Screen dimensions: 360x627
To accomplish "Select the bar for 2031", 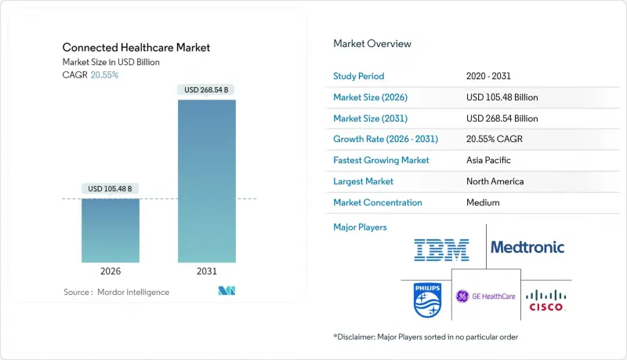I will coord(206,180).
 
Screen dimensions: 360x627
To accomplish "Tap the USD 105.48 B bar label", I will coord(111,188).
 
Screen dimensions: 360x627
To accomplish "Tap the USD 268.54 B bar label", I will coord(206,90).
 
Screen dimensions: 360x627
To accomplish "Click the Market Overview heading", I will coord(371,44).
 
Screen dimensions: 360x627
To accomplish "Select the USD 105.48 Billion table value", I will coord(502,97).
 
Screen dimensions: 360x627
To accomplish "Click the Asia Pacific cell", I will coord(489,160).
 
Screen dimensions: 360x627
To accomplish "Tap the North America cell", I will coord(495,181).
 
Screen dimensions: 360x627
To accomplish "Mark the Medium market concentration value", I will coord(483,202).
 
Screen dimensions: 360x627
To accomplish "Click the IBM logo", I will coord(441,250).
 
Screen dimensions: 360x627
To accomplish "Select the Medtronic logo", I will coord(527,248).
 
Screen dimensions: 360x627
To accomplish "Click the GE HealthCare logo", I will coord(486,296).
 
